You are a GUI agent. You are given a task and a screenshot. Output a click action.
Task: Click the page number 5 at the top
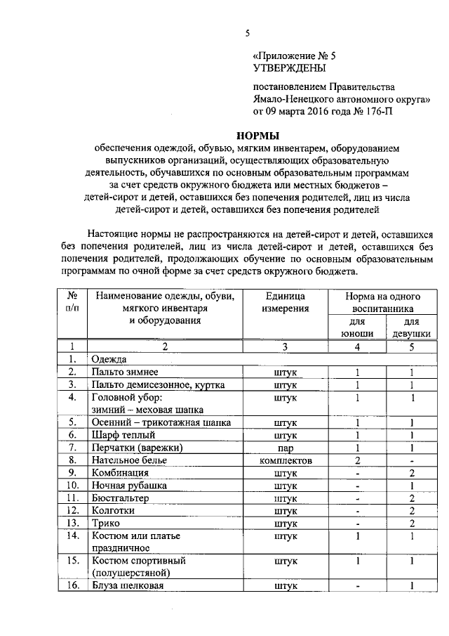248,33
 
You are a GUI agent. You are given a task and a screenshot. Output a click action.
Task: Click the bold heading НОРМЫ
256,136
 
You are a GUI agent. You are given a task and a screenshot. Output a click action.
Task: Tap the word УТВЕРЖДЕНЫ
288,68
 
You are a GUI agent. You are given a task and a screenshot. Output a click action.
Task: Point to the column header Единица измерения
286,302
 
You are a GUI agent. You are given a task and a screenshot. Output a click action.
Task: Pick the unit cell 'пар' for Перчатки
286,447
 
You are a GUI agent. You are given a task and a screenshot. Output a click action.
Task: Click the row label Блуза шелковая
128,586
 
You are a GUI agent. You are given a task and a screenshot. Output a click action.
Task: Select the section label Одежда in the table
108,359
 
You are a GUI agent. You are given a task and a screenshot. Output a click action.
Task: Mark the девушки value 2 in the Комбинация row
411,472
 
